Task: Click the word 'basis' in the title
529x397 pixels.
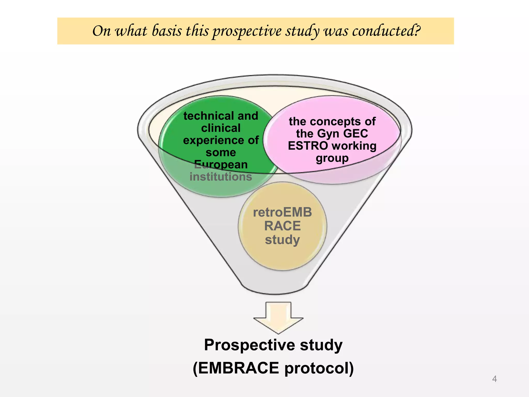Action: coord(167,31)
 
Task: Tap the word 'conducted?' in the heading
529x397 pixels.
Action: coord(386,31)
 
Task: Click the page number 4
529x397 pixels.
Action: coord(494,379)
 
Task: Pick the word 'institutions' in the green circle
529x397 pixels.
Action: coord(221,177)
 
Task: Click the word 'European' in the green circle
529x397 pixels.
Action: coord(221,165)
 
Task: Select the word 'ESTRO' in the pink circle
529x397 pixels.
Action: coord(308,146)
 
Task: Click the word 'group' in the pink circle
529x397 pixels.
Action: coord(332,158)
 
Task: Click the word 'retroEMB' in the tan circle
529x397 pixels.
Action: coord(282,212)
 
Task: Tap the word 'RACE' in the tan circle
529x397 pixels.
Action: coord(282,226)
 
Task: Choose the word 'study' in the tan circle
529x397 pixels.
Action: coord(282,240)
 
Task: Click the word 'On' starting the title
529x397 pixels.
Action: coord(101,31)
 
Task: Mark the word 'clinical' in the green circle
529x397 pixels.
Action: coord(221,128)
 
